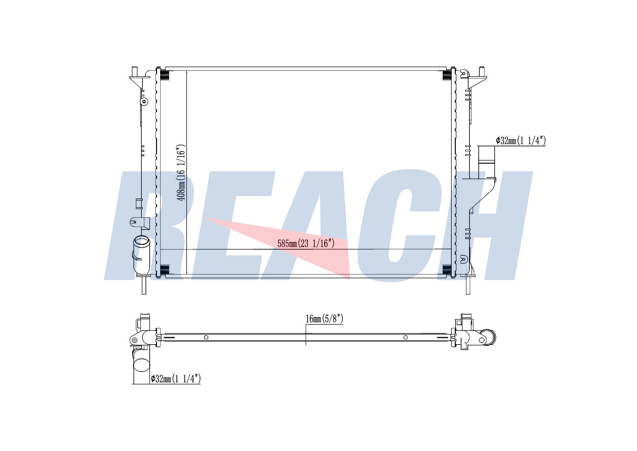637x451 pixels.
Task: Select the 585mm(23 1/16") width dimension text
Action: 306,244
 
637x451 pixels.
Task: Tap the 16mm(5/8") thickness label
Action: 324,319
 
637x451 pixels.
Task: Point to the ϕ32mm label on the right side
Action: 521,141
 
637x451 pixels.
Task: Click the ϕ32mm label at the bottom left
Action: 176,379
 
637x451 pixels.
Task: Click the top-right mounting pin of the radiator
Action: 482,72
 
